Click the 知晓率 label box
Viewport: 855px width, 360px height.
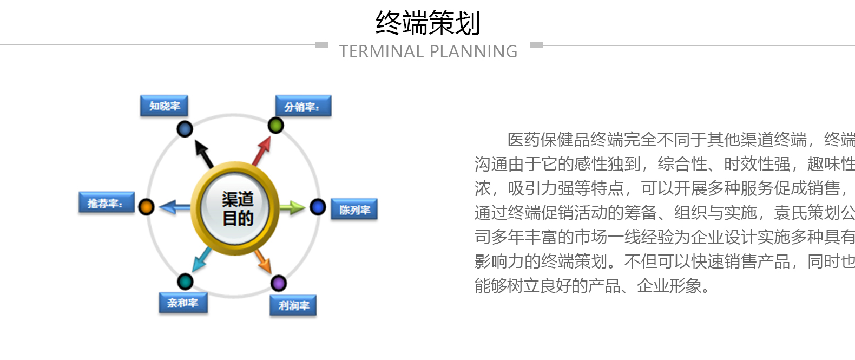[164, 106]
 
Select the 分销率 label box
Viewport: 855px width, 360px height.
[304, 106]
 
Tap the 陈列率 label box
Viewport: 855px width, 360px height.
[354, 209]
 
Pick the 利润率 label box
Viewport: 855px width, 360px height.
[293, 305]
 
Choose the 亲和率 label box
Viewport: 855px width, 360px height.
[183, 303]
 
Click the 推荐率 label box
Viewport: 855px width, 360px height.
[107, 202]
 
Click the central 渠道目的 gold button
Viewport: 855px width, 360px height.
[235, 208]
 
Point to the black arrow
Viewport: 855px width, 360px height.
[204, 154]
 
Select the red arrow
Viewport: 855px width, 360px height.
[262, 151]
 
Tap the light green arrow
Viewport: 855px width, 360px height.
[292, 208]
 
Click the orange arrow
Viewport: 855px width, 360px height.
[263, 261]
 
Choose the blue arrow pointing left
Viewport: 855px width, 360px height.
[174, 207]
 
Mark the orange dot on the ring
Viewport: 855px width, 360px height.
[146, 207]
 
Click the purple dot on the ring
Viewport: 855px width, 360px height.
[279, 283]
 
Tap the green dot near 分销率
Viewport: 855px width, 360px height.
[275, 125]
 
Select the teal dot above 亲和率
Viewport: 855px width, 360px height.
[185, 282]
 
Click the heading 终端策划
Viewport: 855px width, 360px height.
[428, 23]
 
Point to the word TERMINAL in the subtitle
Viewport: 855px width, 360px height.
[382, 51]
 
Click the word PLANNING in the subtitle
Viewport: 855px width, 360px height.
[473, 51]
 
